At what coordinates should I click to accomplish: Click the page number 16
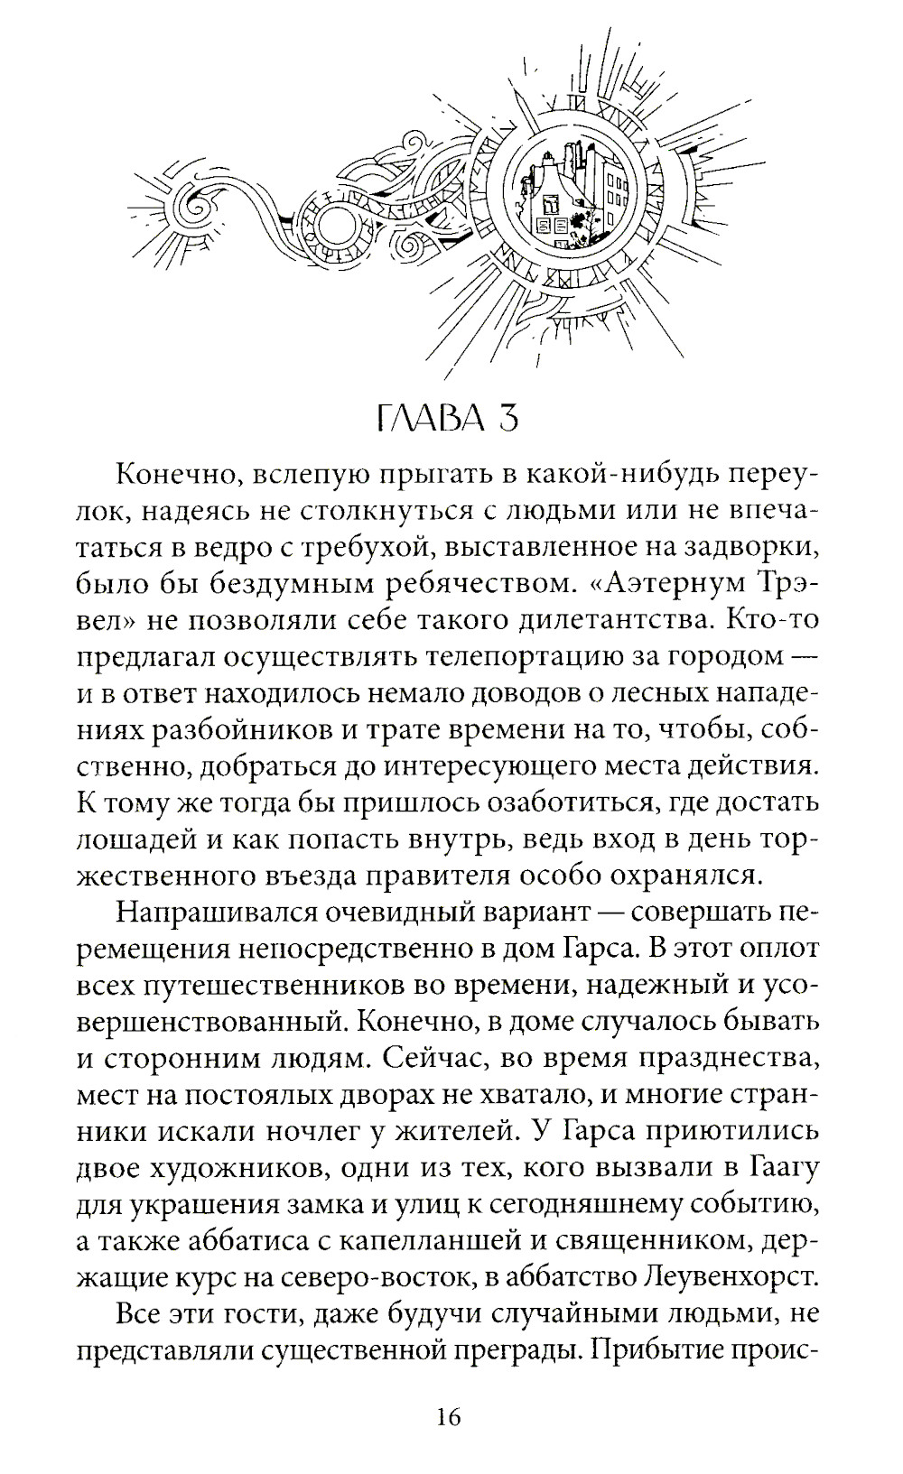(449, 1416)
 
